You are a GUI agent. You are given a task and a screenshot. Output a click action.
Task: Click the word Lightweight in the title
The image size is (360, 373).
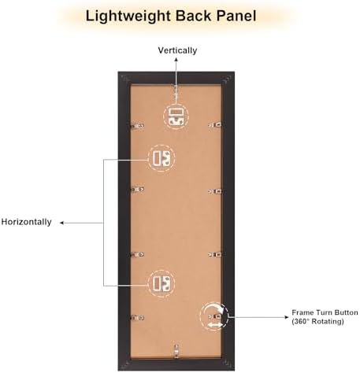click(128, 16)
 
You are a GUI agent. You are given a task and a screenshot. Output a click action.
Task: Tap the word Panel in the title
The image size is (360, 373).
click(236, 16)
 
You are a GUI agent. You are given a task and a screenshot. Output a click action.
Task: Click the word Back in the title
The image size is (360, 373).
click(194, 16)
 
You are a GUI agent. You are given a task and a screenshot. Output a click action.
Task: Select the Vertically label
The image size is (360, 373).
click(177, 50)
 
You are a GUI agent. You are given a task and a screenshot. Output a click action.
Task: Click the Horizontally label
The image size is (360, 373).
click(27, 222)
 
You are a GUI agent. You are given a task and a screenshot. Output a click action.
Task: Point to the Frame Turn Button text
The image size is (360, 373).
click(325, 312)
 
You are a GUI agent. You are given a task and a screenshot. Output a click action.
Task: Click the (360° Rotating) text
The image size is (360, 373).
click(317, 321)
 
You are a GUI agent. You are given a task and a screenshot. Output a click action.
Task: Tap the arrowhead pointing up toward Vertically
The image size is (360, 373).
click(176, 60)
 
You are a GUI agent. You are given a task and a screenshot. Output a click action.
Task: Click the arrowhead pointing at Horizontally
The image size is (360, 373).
click(61, 223)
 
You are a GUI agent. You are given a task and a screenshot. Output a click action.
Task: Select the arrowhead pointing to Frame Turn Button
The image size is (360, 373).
click(287, 317)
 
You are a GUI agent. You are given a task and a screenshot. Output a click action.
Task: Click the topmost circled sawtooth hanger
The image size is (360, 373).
click(176, 116)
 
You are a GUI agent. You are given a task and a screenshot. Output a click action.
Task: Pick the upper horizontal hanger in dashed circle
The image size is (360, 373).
click(161, 158)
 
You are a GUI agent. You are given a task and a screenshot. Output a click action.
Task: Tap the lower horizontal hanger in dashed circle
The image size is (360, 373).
click(161, 283)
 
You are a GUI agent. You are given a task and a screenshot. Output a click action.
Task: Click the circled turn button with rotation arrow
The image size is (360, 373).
click(213, 316)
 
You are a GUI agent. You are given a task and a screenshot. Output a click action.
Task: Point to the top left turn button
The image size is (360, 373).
click(137, 126)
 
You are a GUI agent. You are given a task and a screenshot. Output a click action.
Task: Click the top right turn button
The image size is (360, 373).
click(215, 124)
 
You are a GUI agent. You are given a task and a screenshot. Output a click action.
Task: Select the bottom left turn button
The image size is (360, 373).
click(137, 318)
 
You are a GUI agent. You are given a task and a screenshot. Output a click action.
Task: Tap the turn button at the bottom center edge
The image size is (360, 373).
click(176, 351)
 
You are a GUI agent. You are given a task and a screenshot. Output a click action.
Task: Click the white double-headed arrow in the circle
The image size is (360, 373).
click(215, 325)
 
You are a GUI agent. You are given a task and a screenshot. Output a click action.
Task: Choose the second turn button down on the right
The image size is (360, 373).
click(215, 192)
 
